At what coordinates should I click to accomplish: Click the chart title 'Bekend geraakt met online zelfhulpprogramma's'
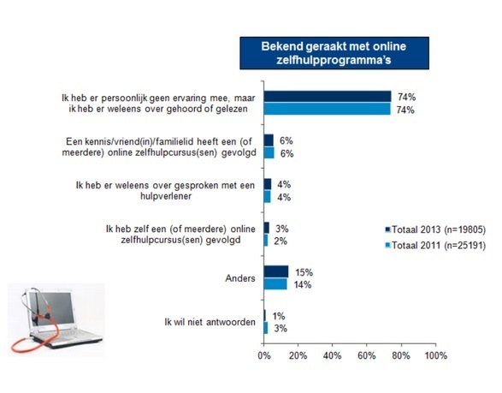tap(334, 53)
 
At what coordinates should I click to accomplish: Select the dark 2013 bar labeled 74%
tap(328, 97)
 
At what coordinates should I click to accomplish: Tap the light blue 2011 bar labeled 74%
tap(328, 109)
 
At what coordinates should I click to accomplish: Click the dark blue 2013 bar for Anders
tap(276, 271)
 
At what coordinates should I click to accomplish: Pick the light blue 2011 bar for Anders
tap(275, 284)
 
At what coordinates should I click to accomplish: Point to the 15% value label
tap(304, 272)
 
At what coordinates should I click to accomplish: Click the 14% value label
tap(303, 284)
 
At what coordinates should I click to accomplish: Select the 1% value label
tap(279, 317)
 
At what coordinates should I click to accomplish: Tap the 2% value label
tap(281, 241)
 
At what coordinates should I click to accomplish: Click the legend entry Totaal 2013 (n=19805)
tap(435, 229)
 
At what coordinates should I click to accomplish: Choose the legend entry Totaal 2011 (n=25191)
tap(435, 246)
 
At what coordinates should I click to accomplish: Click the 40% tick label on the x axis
tap(333, 355)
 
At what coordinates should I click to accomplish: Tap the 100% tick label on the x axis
tap(436, 355)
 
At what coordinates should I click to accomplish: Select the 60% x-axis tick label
tap(367, 355)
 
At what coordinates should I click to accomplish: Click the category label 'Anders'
tap(240, 278)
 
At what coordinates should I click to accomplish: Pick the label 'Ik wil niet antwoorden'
tap(210, 322)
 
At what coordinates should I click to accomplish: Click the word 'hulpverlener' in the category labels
tap(166, 196)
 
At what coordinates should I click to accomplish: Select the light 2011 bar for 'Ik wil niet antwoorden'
tap(266, 328)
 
